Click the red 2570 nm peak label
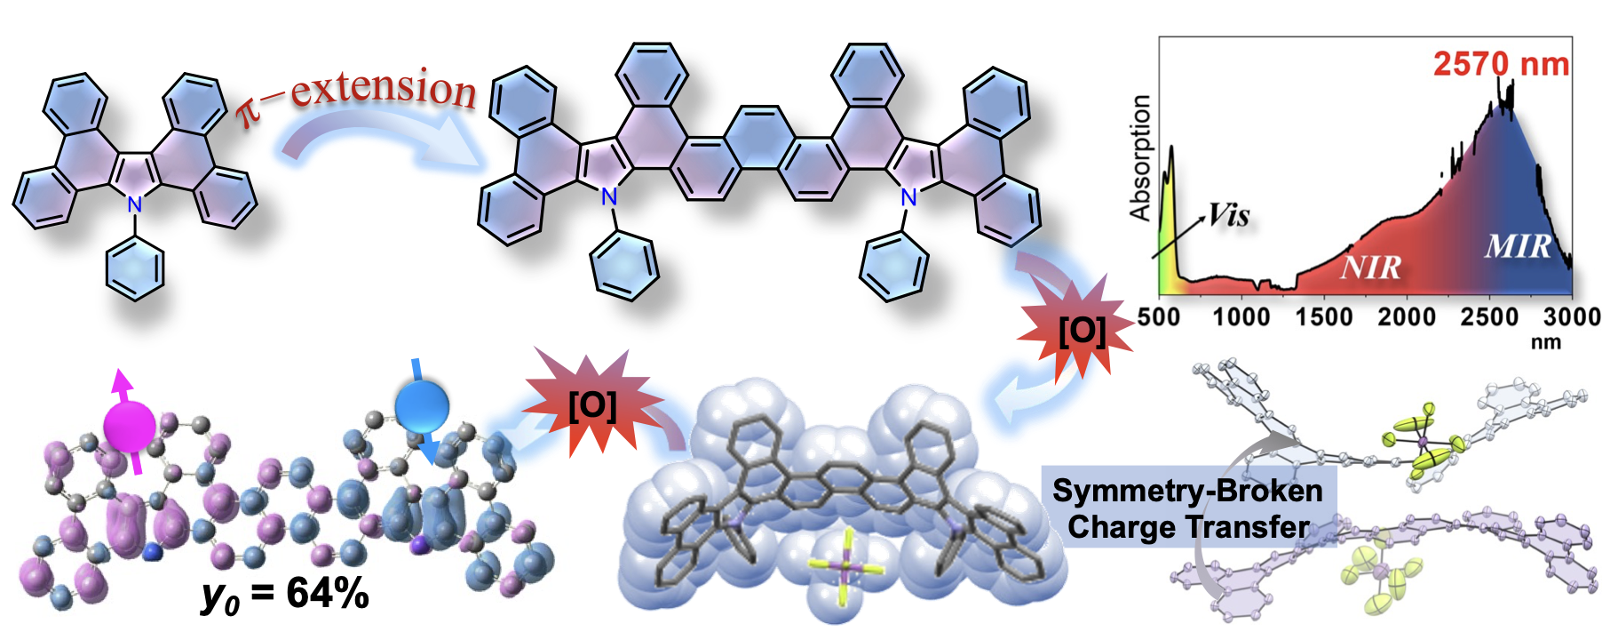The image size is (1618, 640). (1501, 64)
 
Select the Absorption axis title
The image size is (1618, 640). (1139, 158)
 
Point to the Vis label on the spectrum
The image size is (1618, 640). (1229, 215)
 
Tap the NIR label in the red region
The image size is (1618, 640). (1370, 267)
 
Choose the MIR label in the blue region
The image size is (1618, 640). (1518, 245)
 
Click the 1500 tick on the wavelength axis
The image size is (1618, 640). (1323, 317)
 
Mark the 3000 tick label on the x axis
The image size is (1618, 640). (1572, 317)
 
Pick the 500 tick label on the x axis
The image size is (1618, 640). (1159, 317)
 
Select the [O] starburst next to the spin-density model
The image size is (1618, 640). (592, 405)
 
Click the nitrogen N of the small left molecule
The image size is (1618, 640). (134, 204)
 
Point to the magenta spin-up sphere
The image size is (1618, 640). (130, 426)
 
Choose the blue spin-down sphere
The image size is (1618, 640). (422, 408)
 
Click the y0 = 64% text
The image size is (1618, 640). (285, 594)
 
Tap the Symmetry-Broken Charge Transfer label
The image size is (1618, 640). (1187, 508)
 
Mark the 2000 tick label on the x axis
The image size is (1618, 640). (1407, 317)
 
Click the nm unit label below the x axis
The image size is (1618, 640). (1545, 341)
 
